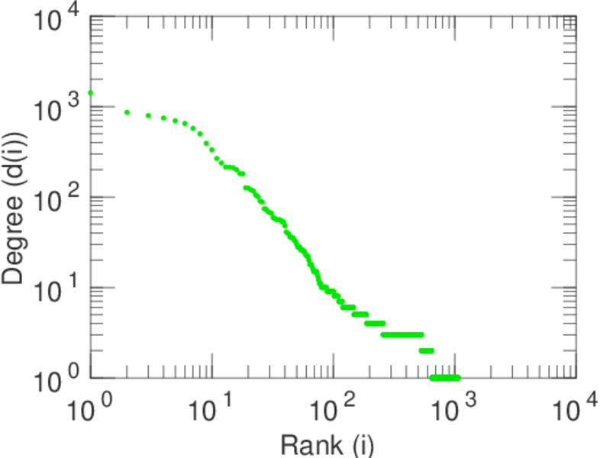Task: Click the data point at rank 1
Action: click(x=90, y=92)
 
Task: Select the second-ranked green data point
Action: click(x=127, y=112)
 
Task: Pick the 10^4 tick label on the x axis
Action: click(x=574, y=410)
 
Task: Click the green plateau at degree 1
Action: click(x=445, y=378)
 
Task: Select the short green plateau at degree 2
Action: click(x=426, y=350)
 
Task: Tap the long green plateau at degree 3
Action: click(x=402, y=334)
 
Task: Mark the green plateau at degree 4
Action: click(x=375, y=323)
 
